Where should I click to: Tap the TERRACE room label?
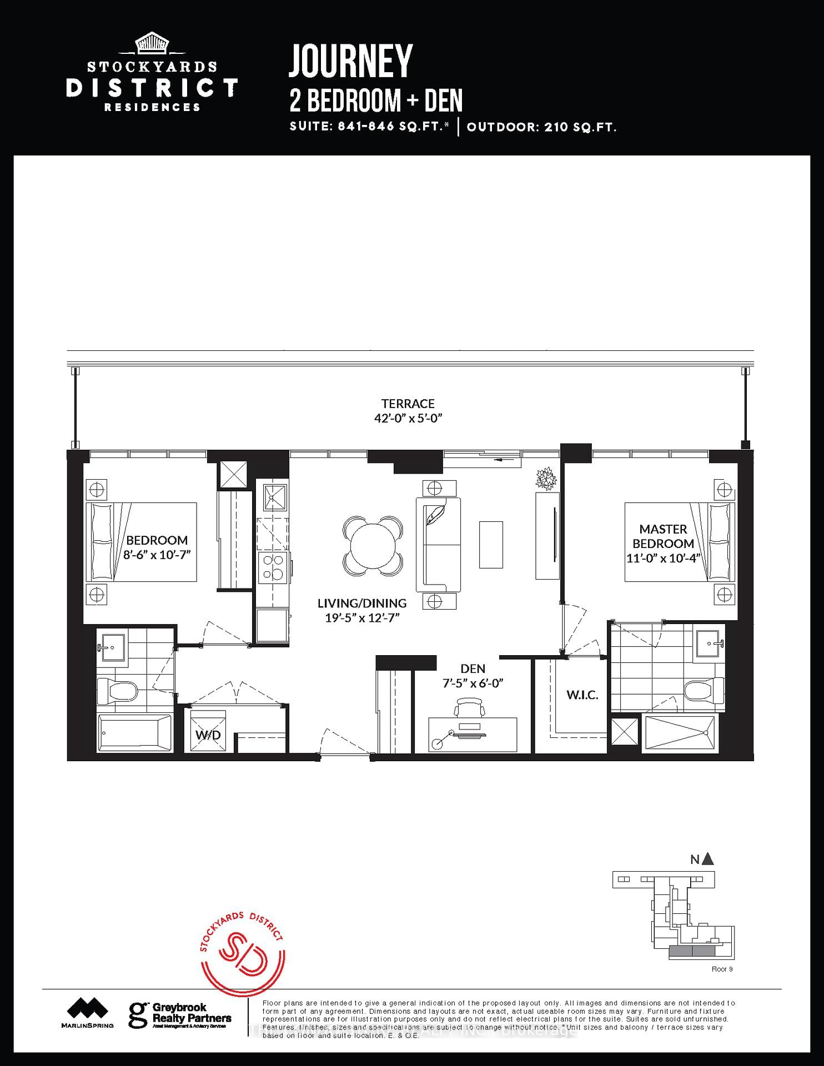click(408, 404)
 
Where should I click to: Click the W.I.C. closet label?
click(582, 695)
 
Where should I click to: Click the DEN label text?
click(473, 668)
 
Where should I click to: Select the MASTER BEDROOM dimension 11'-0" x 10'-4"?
click(663, 559)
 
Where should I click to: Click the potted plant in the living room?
click(546, 478)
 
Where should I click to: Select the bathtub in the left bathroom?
click(135, 733)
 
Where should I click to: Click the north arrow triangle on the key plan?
click(707, 859)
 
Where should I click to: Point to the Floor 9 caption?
click(722, 969)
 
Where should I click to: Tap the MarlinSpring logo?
click(87, 1013)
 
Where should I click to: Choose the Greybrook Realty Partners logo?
click(179, 1015)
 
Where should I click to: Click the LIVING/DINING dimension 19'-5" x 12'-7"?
click(362, 618)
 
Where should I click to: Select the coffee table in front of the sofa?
click(491, 545)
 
